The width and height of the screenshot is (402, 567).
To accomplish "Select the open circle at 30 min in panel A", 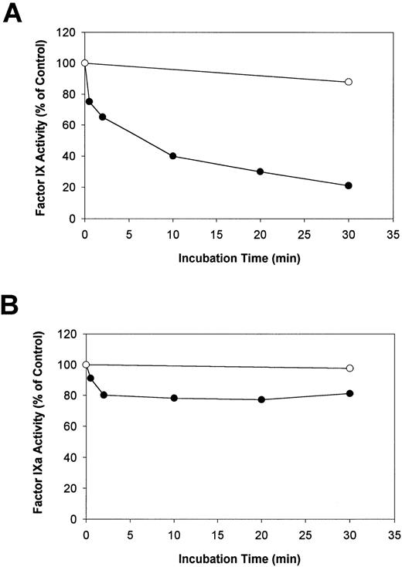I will coord(349,81).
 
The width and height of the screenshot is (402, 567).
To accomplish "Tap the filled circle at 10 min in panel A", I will coord(173,156).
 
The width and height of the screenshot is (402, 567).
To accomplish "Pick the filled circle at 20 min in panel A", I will coord(261,171).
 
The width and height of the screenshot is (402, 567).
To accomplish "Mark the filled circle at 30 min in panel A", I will coord(349,185).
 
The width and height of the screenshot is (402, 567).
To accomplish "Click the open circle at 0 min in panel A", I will coord(85,63).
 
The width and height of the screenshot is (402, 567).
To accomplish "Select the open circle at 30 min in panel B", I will coord(349,368).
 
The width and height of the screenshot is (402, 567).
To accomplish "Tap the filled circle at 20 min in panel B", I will coord(261,399).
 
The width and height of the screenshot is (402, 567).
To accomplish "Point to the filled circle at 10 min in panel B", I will coord(173,398).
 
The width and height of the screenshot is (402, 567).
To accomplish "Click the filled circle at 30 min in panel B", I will coord(349,393).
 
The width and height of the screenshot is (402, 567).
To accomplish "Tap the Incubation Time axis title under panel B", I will coord(239,555).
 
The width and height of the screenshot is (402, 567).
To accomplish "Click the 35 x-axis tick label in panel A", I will coord(393,232).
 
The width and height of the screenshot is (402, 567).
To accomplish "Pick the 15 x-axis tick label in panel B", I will coord(216,533).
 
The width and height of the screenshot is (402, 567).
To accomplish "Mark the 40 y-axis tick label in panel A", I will coord(69,157).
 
